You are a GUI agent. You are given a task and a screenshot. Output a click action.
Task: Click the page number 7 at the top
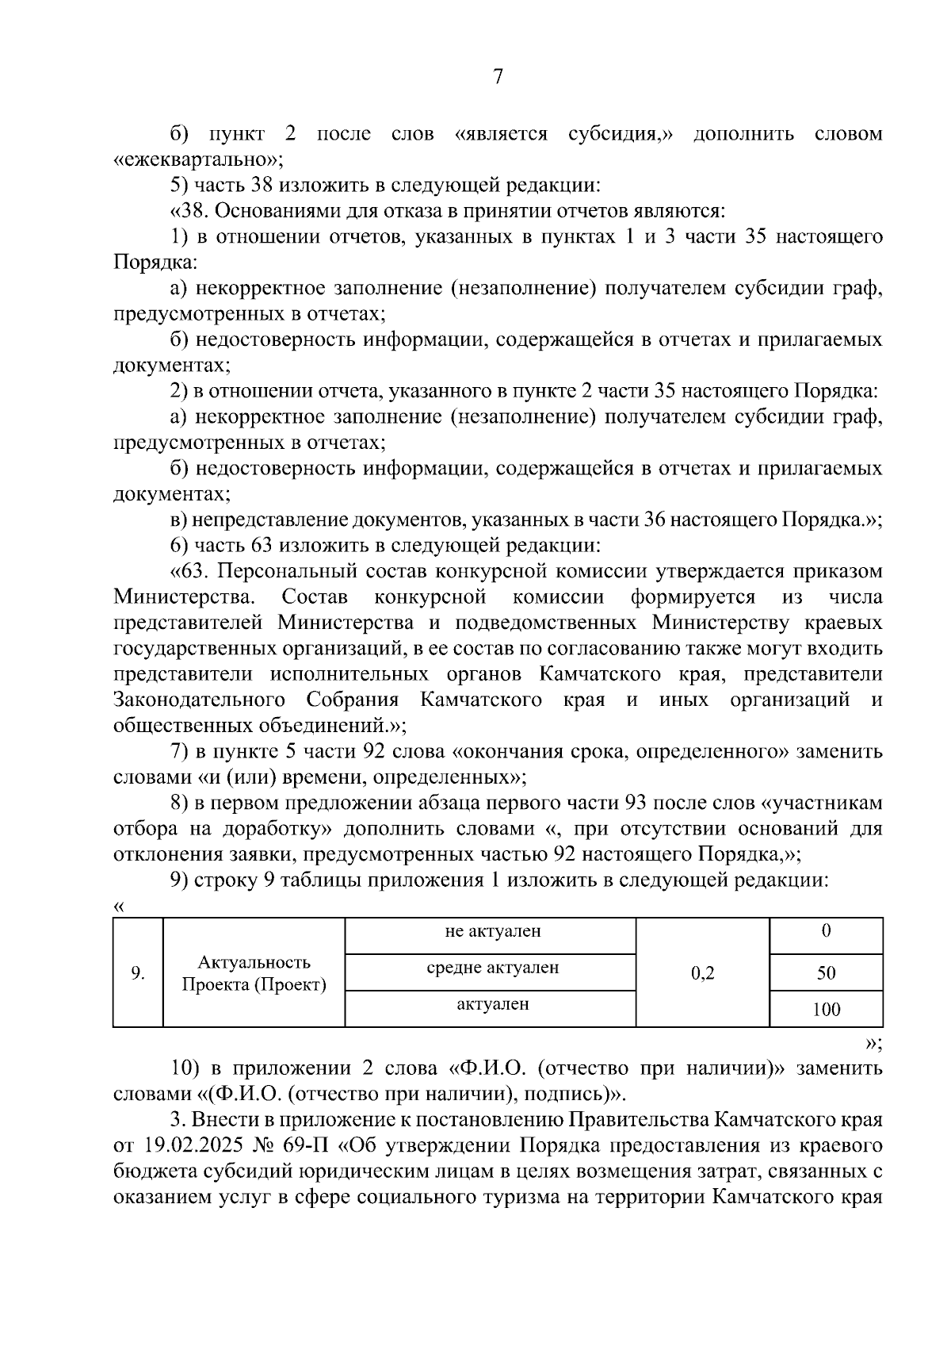pos(498,77)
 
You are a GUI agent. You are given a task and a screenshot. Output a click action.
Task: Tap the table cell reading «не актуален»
pos(492,931)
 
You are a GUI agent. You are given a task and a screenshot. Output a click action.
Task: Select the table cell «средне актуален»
pos(492,968)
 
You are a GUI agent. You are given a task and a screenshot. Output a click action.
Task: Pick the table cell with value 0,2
pos(702,972)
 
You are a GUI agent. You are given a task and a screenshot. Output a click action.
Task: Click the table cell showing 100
pos(826,1010)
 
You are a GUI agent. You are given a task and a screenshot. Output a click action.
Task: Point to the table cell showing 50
pos(826,972)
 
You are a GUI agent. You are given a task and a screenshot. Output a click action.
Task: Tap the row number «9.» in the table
pos(138,972)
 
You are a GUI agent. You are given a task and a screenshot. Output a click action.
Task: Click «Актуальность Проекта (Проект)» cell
pos(254,973)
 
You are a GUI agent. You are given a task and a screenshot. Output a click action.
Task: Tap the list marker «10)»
pos(185,1068)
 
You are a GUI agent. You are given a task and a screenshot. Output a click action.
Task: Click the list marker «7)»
pos(181,751)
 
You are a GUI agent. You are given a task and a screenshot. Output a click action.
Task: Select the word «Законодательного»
pos(199,700)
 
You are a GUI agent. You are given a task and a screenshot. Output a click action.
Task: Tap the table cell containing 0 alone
pos(826,931)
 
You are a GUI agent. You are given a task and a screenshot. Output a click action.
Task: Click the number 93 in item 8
pos(637,803)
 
